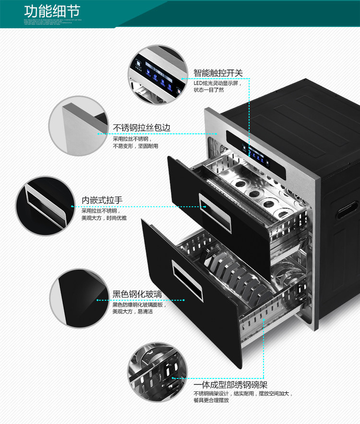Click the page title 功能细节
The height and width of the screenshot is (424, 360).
click(x=52, y=12)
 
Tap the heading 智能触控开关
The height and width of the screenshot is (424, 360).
click(x=218, y=73)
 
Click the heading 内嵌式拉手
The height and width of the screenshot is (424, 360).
click(x=102, y=200)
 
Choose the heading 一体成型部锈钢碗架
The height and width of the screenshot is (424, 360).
click(x=230, y=385)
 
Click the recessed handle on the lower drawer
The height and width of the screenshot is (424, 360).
click(x=188, y=281)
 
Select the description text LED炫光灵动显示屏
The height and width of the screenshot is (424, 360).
click(x=218, y=83)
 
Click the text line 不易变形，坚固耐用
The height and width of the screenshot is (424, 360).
click(x=135, y=146)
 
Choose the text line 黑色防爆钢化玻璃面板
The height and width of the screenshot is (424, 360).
click(x=139, y=305)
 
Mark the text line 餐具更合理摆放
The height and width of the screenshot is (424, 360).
click(x=211, y=400)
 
